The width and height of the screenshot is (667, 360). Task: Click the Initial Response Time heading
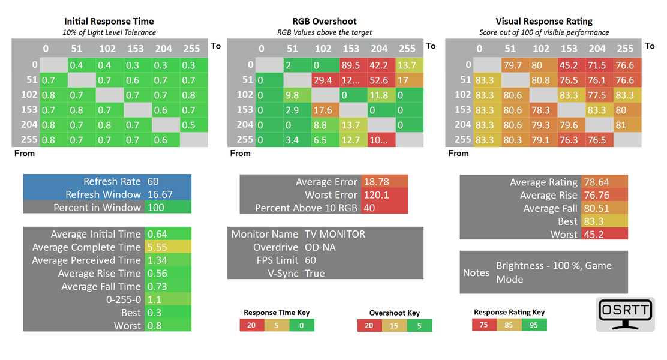point(109,22)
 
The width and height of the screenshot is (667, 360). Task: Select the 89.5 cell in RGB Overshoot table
point(351,65)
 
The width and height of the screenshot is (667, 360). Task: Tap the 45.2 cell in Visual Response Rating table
point(569,65)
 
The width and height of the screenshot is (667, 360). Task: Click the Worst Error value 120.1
point(375,195)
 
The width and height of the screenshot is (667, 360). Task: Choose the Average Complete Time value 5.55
point(157,247)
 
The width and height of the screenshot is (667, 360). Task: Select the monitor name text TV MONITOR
point(335,234)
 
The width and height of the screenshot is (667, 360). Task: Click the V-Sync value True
point(314,274)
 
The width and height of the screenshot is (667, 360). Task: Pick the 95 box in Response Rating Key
point(534,325)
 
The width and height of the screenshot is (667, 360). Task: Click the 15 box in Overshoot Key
point(394,326)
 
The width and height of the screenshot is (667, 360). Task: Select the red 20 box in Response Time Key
point(251,325)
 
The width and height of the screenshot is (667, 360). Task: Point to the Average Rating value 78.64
point(595,182)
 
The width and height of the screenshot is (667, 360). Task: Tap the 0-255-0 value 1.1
point(154,300)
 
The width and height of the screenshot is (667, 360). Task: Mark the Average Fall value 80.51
point(595,208)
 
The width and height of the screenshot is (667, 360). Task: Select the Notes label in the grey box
point(476,272)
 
